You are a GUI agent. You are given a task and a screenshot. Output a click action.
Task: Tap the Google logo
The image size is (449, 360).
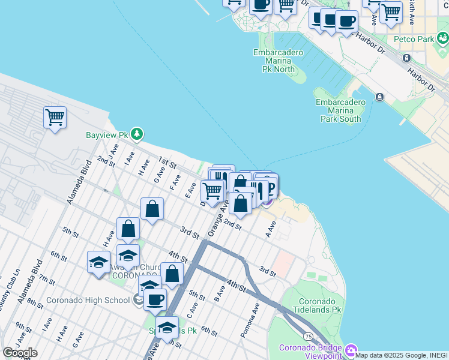point(20,353)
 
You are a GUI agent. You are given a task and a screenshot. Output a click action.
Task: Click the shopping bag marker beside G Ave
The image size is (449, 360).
point(152,209)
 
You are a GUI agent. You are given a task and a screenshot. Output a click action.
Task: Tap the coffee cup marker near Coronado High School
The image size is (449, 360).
point(155,299)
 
